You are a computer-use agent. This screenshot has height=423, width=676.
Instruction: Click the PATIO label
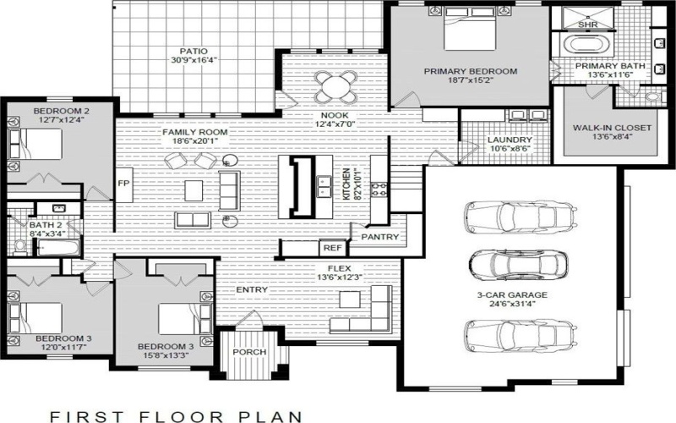tap(182, 51)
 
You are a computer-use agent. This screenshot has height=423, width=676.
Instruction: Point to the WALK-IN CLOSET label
tap(612, 128)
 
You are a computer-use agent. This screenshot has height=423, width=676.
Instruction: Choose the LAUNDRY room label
tap(486, 140)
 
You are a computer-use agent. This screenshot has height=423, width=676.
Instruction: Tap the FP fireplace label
tap(123, 183)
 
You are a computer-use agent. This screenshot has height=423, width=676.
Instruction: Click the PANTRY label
tap(379, 238)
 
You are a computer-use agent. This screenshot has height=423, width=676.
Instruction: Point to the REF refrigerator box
tap(330, 249)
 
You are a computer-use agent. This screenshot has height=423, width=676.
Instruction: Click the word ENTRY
tap(253, 290)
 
